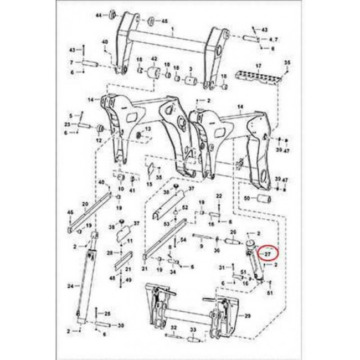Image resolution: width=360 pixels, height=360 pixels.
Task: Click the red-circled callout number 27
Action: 268,254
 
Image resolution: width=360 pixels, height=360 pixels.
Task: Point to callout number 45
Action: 164,21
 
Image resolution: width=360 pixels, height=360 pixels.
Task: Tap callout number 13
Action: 148,129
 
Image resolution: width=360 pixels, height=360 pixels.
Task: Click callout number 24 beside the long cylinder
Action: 70,286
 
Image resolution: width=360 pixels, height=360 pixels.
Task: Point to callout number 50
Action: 247,198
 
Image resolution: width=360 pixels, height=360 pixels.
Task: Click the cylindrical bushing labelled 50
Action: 263,198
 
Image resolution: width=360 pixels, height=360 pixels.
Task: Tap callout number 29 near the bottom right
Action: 248,315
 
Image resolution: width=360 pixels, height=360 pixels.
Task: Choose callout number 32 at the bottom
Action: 174,328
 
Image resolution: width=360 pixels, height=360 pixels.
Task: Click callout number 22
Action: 219,197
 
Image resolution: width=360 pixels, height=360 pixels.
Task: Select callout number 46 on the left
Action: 70,213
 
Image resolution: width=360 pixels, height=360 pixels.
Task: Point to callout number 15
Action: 150,184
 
